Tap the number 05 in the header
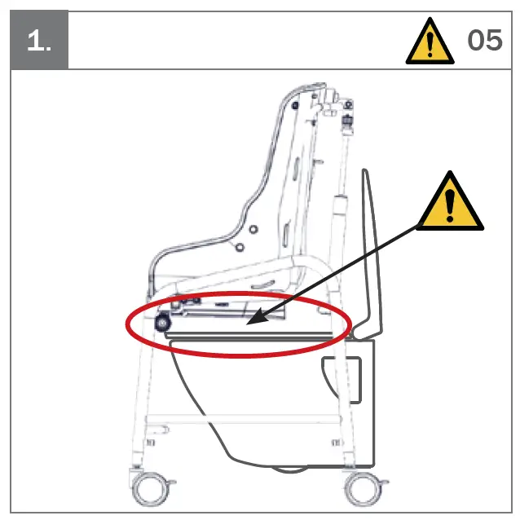point(484,40)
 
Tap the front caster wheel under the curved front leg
point(152,489)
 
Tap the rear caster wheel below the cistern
point(359,489)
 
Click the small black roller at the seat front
point(162,323)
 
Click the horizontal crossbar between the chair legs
point(245,421)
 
